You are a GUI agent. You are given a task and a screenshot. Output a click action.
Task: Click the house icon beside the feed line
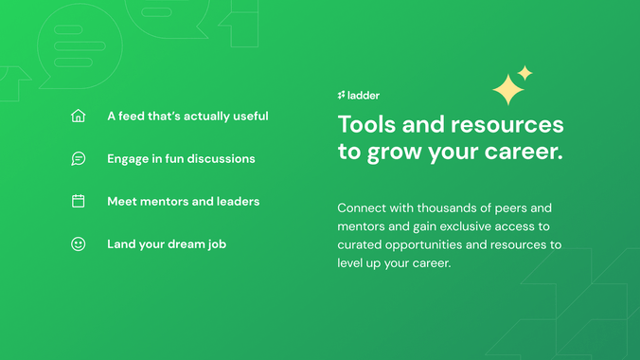(79, 117)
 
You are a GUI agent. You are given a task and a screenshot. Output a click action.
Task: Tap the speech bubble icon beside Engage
(79, 159)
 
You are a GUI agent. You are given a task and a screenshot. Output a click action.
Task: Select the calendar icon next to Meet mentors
(79, 201)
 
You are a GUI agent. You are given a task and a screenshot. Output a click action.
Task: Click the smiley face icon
(79, 243)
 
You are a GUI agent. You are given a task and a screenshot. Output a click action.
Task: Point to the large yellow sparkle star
(508, 90)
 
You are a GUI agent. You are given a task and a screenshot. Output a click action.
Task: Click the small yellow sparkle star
(525, 73)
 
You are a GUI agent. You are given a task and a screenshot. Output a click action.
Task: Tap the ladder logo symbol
(342, 96)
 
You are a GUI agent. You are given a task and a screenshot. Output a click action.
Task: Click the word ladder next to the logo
(364, 96)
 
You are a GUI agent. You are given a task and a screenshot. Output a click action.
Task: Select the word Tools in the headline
(366, 125)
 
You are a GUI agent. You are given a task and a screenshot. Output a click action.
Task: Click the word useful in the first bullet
(250, 117)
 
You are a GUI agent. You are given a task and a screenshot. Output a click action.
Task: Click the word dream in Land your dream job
(187, 243)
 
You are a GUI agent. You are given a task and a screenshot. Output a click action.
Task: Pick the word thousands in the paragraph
(450, 207)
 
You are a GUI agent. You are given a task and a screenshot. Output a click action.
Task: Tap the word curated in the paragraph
(360, 244)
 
